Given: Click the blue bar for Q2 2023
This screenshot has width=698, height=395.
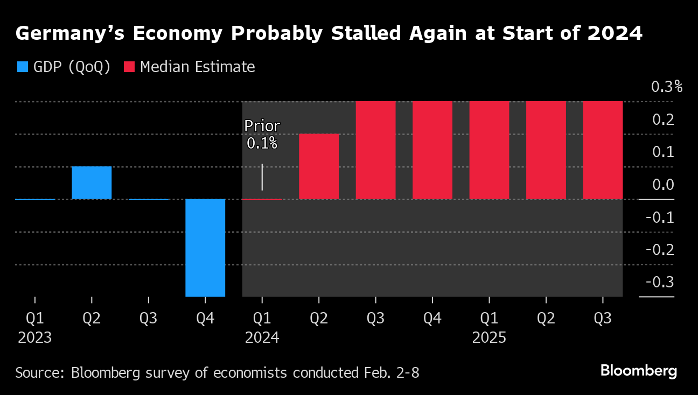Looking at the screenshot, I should point(92,183).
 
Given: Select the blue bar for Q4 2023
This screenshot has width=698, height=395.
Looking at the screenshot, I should point(205,248).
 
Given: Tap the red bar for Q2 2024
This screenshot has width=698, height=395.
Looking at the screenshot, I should point(319,167).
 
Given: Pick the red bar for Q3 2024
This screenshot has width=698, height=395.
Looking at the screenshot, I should point(375,150).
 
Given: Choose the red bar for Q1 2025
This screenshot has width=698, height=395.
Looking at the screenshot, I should point(489,150).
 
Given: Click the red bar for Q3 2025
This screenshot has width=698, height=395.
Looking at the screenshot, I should point(603,150).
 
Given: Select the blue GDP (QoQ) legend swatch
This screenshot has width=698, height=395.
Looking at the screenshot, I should point(22,67).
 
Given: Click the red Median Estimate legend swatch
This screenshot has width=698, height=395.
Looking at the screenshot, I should point(129,67).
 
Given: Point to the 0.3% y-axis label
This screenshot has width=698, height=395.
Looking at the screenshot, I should point(666,87).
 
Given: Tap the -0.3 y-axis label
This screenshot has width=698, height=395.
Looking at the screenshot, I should point(660,283).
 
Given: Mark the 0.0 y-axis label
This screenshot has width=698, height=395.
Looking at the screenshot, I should point(662,185).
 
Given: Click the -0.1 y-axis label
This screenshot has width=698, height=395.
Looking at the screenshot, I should point(660,217).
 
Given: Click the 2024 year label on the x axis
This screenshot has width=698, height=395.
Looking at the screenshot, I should point(262,338).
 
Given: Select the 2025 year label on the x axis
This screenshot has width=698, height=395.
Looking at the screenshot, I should point(489,338).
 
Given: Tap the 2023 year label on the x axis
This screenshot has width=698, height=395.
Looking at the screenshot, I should point(35,338).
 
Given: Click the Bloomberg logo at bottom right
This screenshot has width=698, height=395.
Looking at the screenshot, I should point(638,371).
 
